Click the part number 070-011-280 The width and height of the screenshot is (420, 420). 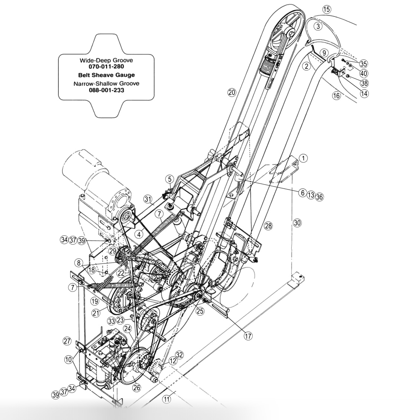[106, 67]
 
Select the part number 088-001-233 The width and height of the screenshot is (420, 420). [106, 90]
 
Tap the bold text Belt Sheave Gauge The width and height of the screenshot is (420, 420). [106, 75]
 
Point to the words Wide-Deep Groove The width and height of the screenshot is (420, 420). [106, 60]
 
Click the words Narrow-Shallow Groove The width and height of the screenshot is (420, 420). [106, 84]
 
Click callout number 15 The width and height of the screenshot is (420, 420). [326, 10]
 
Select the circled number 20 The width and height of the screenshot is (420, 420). [232, 93]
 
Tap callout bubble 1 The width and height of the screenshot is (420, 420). [303, 158]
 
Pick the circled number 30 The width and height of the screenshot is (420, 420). [297, 223]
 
